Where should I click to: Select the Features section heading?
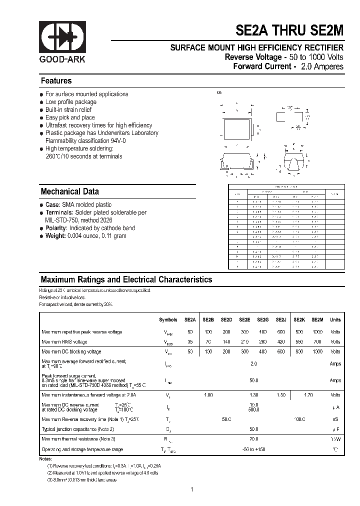pyautogui.click(x=56, y=81)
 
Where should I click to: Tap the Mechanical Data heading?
pyautogui.click(x=69, y=191)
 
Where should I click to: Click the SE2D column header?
pyautogui.click(x=226, y=319)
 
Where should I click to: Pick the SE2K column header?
pyautogui.click(x=299, y=319)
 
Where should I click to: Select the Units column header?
pyautogui.click(x=335, y=319)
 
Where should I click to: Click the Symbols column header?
pyautogui.click(x=168, y=319)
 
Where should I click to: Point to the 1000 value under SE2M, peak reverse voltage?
pyautogui.click(x=317, y=332)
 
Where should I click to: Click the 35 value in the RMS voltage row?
pyautogui.click(x=190, y=342)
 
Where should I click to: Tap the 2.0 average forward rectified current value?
pyautogui.click(x=253, y=364)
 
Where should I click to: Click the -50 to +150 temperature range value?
pyautogui.click(x=253, y=449)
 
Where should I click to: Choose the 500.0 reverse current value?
pyautogui.click(x=253, y=409)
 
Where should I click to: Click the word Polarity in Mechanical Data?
pyautogui.click(x=56, y=228)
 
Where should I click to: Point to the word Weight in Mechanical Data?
pyautogui.click(x=55, y=236)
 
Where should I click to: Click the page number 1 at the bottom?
pyautogui.click(x=191, y=489)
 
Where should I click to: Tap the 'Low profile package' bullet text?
pyautogui.click(x=70, y=102)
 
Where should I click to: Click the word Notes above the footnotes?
pyautogui.click(x=45, y=458)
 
